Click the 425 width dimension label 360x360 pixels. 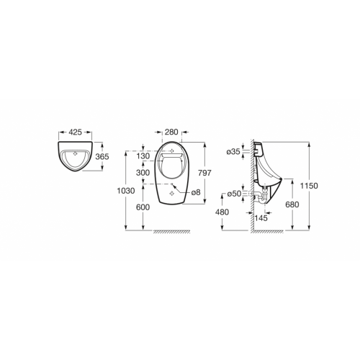click(76, 132)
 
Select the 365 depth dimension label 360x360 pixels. click(102, 157)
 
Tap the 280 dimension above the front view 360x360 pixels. click(171, 132)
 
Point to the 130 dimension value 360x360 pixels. click(143, 156)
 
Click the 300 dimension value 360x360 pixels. click(143, 173)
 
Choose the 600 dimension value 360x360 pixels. click(143, 207)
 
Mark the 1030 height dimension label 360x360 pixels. click(126, 191)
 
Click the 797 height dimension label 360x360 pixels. click(204, 173)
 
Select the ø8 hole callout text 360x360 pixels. click(196, 192)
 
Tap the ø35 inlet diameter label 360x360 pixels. click(233, 152)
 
